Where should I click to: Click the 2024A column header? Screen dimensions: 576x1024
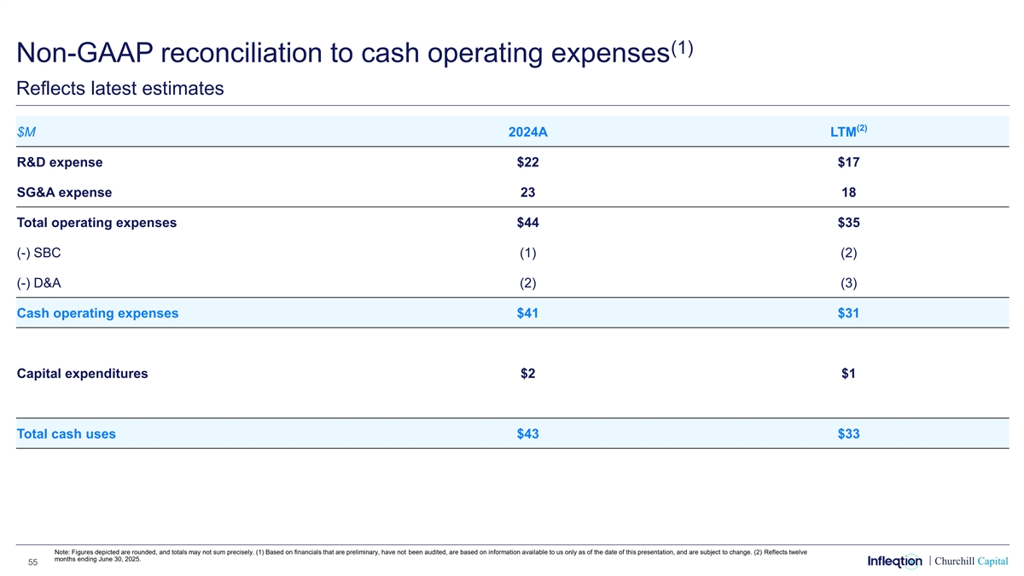tap(527, 133)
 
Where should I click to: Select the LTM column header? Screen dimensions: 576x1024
tap(847, 132)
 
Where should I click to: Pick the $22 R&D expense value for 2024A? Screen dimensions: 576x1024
tap(527, 162)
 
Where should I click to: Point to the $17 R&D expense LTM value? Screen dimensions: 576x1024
tap(848, 162)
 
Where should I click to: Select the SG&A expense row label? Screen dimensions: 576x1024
tap(64, 193)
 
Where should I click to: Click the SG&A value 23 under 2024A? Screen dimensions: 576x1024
tap(527, 193)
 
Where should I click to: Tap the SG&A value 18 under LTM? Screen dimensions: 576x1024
tap(848, 193)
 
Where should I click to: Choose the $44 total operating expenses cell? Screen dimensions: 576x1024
tap(527, 223)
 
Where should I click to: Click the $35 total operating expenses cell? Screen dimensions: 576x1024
tap(848, 223)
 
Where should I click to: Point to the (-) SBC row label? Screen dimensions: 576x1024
tap(38, 253)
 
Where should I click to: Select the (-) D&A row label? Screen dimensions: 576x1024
tap(39, 283)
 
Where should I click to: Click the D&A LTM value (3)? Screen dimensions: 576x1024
tap(848, 283)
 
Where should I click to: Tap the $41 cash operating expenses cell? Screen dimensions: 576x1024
tap(527, 313)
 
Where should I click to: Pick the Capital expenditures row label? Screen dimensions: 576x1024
tap(82, 373)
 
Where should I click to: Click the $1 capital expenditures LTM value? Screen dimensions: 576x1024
tap(848, 373)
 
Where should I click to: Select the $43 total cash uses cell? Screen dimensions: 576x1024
tap(527, 434)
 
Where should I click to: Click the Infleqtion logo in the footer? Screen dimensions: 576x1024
tap(894, 561)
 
